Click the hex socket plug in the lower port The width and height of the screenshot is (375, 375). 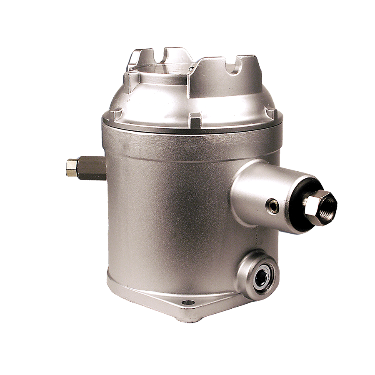(x=261, y=278)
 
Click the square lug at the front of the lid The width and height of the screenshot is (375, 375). (x=195, y=121)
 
